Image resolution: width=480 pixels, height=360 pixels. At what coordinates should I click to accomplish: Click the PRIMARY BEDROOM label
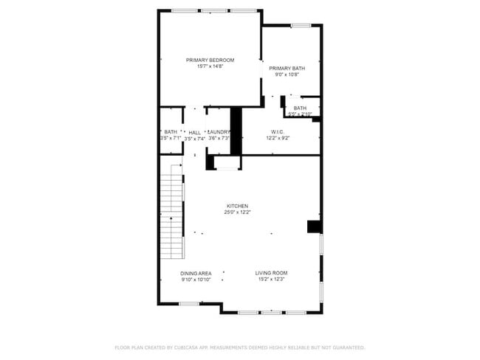tap(210, 60)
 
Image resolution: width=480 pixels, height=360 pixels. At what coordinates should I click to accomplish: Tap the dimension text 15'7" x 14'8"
tap(210, 66)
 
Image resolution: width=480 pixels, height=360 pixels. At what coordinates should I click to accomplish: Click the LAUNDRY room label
tap(219, 132)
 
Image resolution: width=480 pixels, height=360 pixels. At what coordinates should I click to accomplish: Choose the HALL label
tap(194, 132)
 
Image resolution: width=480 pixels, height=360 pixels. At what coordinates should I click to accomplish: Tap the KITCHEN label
tap(237, 206)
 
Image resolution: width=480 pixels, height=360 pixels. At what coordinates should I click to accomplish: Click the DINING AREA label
tap(196, 274)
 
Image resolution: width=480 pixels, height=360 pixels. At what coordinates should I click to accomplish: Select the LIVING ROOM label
tap(271, 274)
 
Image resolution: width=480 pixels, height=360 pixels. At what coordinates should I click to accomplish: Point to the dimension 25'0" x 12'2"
tap(237, 212)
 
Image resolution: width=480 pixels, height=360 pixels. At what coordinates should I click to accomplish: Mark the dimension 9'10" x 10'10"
tap(196, 280)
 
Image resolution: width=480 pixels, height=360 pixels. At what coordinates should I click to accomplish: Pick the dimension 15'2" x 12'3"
tap(271, 280)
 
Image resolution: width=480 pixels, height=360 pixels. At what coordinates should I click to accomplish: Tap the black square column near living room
tap(314, 226)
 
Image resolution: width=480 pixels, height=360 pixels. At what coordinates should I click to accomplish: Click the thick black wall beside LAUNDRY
tap(236, 131)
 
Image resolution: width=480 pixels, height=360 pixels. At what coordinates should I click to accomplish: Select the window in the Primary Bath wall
tap(299, 27)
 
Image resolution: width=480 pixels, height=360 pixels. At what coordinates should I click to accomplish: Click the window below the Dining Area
tap(188, 303)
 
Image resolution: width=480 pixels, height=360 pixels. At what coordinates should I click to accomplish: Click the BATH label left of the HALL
tap(171, 132)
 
